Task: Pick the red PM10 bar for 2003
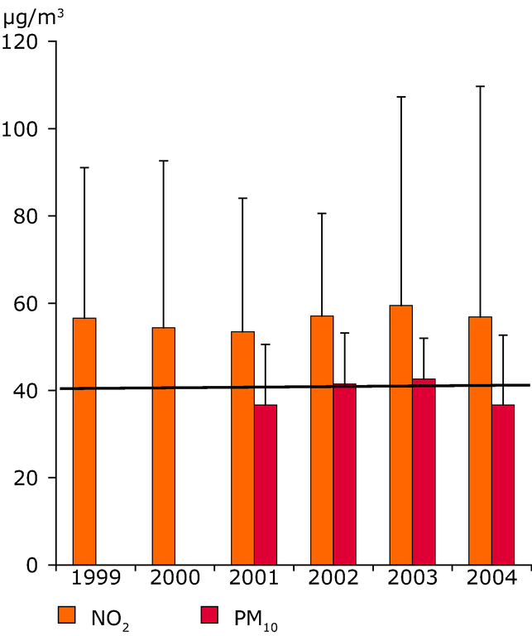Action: pyautogui.click(x=424, y=472)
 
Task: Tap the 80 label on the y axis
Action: pyautogui.click(x=27, y=216)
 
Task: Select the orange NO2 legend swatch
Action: pyautogui.click(x=67, y=614)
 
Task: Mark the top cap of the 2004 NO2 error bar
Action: pyautogui.click(x=502, y=86)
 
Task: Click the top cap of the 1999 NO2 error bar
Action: pyautogui.click(x=84, y=167)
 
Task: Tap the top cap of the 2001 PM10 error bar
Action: pyautogui.click(x=266, y=344)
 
